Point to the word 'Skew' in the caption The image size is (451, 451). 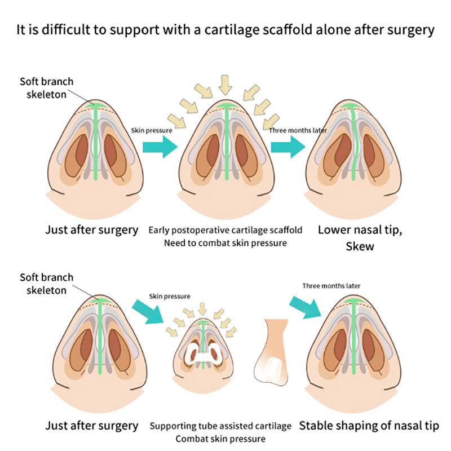(x=359, y=246)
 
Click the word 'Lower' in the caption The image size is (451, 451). (x=333, y=230)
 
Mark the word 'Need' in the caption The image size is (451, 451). (x=174, y=243)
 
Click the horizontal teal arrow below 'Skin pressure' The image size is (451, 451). (x=160, y=148)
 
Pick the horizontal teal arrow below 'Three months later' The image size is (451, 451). (x=288, y=148)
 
